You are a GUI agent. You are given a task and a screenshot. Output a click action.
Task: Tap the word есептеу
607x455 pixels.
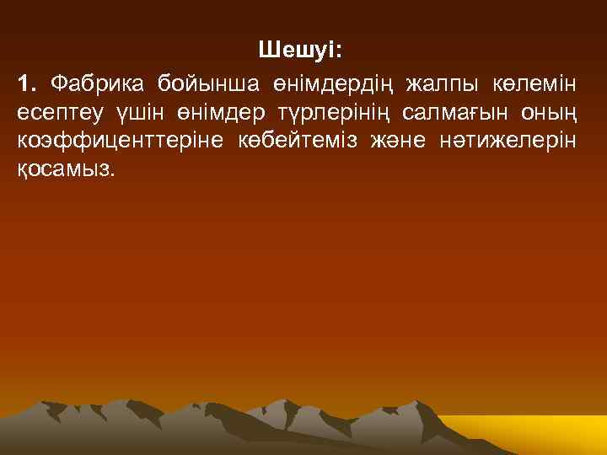(x=59, y=112)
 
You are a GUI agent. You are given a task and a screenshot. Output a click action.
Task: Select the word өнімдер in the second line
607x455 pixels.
(x=212, y=112)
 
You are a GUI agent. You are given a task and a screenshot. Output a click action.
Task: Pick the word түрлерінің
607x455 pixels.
(x=331, y=112)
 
